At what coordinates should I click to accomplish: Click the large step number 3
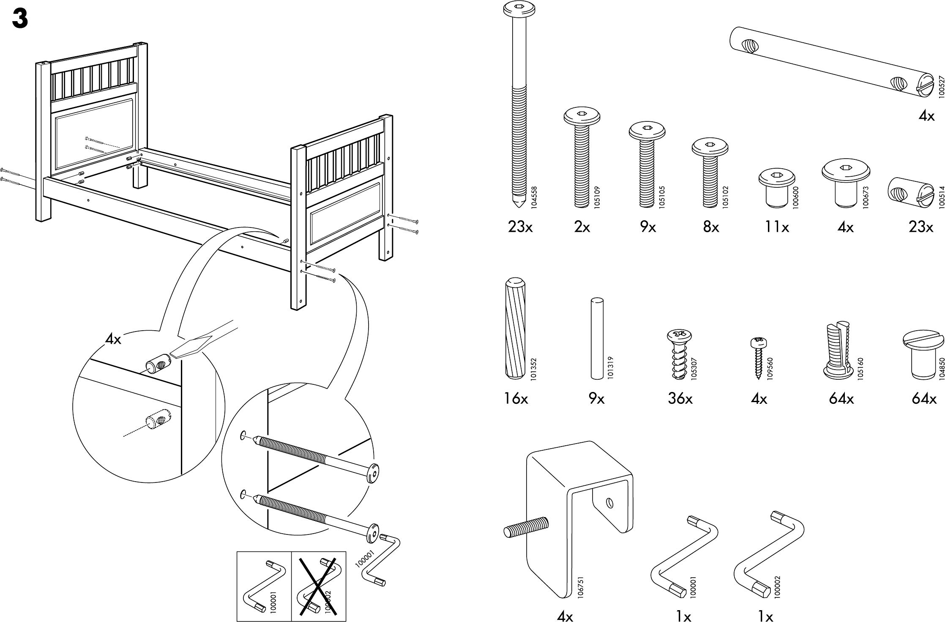tap(20, 19)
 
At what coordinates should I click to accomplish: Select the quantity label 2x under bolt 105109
tap(582, 227)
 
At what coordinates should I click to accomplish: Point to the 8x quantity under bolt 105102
tap(711, 227)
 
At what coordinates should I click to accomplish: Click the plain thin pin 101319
tap(597, 338)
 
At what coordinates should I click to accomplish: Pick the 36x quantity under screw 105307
tap(680, 399)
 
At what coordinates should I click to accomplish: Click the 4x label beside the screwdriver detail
tap(113, 339)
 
